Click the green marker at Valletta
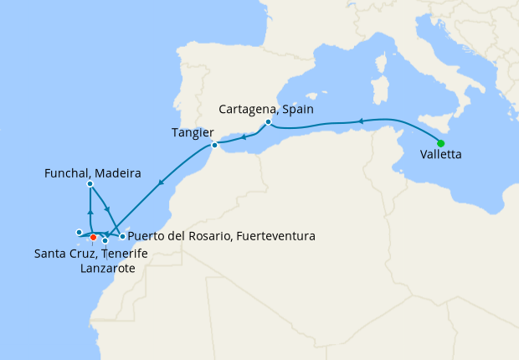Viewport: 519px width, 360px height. coord(441,143)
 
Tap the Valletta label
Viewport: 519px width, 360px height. coord(441,155)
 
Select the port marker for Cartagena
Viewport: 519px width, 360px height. coord(268,122)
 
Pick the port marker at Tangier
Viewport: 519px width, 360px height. coord(214,146)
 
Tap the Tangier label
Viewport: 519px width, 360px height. coord(193,132)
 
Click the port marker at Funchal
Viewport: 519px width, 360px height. coord(90,183)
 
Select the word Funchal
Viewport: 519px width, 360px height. coord(67,173)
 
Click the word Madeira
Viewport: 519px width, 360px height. coord(117,173)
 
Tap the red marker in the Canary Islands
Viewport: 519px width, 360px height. coord(93,237)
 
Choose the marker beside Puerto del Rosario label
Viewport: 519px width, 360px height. coord(122,237)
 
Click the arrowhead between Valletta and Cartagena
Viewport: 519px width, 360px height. coord(361,121)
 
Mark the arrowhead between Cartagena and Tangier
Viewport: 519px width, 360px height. coord(243,136)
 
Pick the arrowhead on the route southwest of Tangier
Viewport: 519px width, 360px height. coord(160,183)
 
